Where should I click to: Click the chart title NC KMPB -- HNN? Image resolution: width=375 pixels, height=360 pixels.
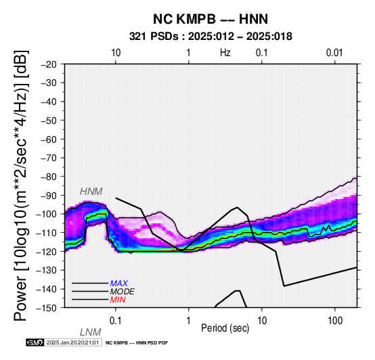(211, 19)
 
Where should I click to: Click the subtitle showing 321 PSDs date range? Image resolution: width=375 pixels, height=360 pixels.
(211, 37)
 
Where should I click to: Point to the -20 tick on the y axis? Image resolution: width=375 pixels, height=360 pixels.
(48, 64)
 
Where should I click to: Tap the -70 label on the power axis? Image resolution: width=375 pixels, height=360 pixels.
(48, 158)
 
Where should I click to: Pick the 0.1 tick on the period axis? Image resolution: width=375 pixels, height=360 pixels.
(116, 321)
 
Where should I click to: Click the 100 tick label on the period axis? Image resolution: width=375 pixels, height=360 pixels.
(335, 321)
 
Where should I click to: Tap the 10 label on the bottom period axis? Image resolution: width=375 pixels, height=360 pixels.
(262, 321)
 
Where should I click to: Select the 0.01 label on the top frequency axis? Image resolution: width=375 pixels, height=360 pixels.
(334, 53)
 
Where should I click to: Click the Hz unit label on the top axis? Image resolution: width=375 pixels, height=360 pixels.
(225, 53)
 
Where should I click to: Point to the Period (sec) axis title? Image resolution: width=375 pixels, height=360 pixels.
(225, 328)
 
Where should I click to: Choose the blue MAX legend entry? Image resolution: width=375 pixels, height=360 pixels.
(119, 284)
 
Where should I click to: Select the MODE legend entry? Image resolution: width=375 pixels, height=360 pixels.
(123, 292)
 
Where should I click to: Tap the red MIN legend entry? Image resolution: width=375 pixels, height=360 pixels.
(118, 300)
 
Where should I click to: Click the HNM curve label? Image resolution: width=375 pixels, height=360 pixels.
(91, 192)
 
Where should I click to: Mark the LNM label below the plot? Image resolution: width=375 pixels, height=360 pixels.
(91, 332)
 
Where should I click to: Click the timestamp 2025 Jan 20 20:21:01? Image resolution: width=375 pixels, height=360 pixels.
(72, 342)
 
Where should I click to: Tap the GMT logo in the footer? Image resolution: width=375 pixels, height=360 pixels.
(35, 342)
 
